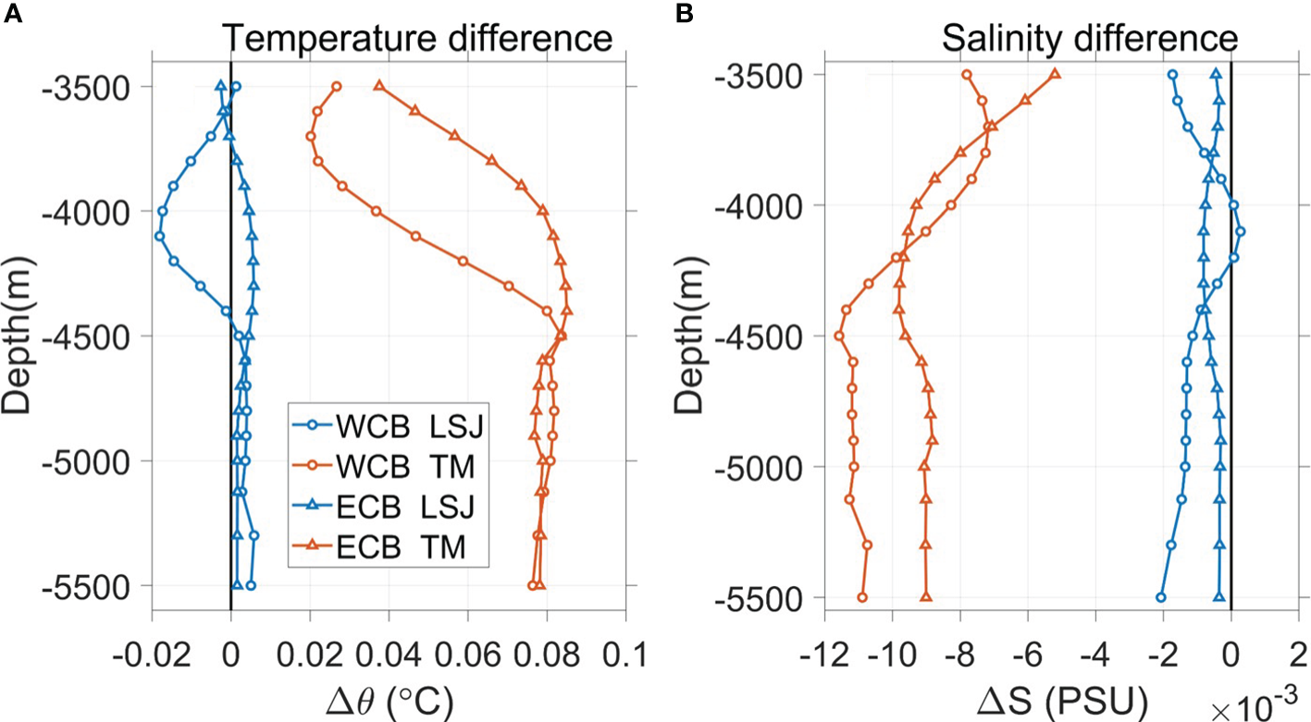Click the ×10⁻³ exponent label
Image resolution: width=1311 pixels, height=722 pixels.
pos(1257,709)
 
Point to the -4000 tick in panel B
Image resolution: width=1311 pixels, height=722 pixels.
pos(759,205)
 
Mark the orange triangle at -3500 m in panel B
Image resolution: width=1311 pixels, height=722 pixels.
pos(1055,74)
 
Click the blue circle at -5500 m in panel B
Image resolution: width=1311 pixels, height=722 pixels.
pos(1161,597)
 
